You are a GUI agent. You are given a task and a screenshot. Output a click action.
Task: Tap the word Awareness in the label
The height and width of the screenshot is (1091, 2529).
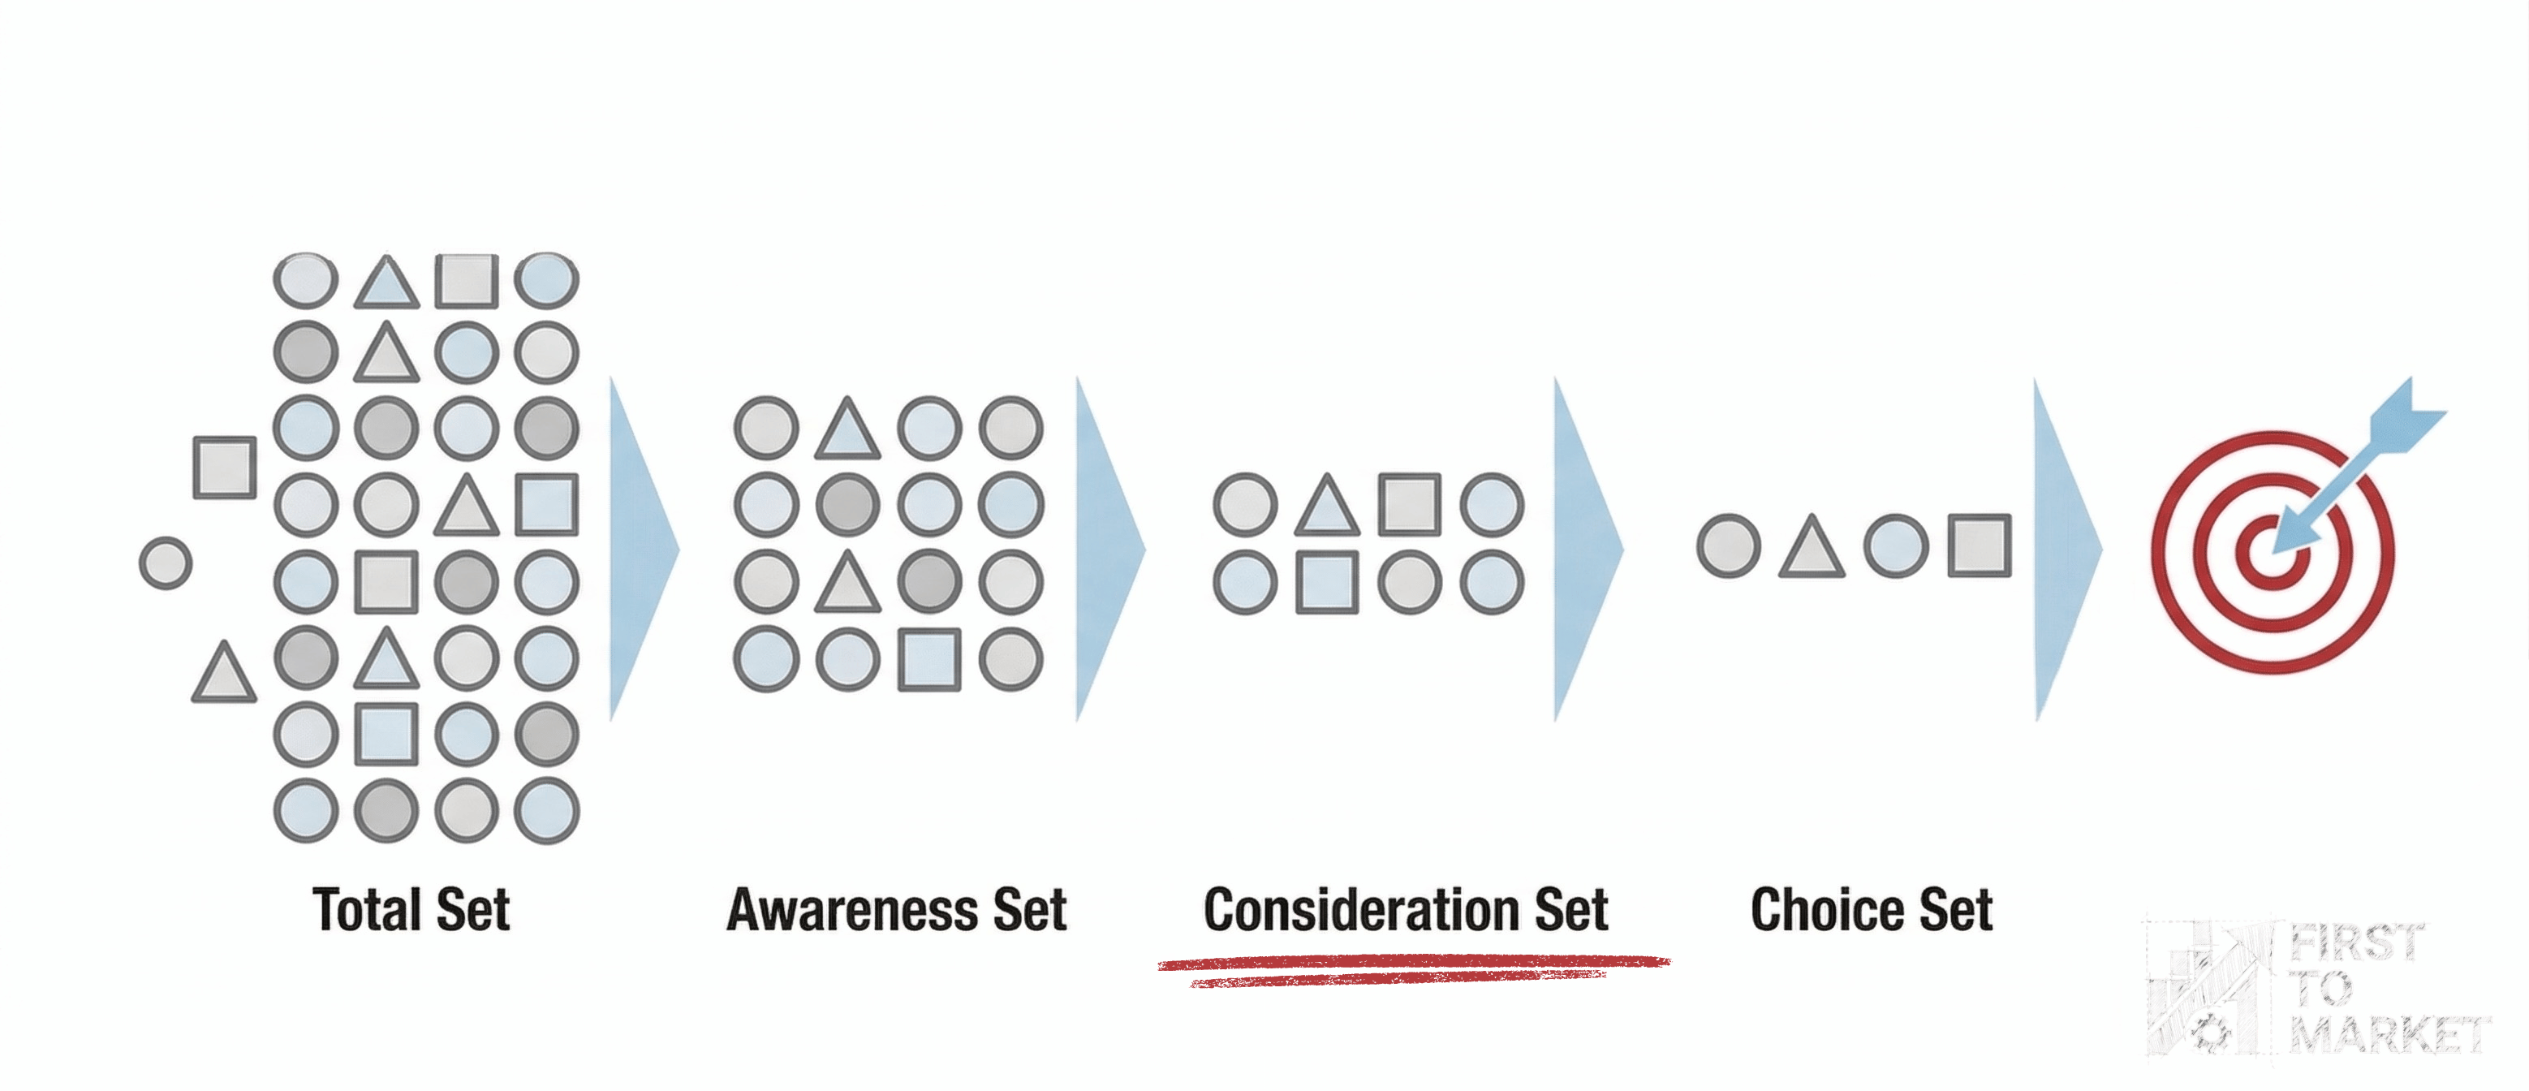pos(851,909)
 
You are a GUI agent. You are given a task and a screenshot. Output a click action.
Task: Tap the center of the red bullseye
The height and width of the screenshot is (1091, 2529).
pos(2272,553)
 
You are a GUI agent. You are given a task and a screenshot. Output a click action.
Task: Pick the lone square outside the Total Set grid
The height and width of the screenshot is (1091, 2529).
pos(225,467)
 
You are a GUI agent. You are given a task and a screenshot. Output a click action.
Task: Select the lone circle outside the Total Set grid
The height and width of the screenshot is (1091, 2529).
pos(165,563)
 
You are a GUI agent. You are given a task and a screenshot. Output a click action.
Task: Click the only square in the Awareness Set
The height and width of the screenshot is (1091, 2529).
pos(928,659)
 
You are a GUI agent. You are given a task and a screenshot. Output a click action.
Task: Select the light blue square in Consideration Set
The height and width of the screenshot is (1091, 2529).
pos(1327,582)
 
